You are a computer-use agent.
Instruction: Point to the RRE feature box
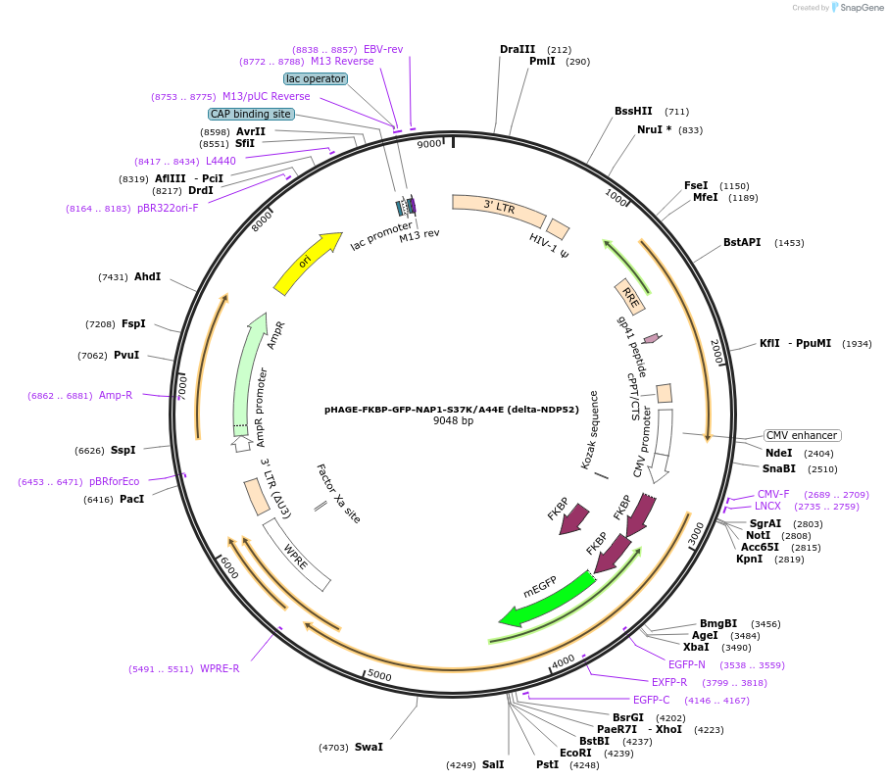[628, 296]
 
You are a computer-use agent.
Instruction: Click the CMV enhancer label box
[802, 435]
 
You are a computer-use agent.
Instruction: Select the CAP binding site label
[250, 114]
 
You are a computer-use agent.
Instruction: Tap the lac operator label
[316, 78]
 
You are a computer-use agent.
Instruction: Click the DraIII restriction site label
[518, 49]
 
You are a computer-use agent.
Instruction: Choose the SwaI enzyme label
[369, 747]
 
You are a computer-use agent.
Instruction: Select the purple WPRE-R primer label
[220, 668]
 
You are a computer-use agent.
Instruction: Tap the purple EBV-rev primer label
[383, 49]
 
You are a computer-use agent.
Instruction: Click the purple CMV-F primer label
[773, 494]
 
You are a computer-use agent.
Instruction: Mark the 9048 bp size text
[453, 421]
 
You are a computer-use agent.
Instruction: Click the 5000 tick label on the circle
[379, 676]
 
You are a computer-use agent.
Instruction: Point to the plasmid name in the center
[452, 409]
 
